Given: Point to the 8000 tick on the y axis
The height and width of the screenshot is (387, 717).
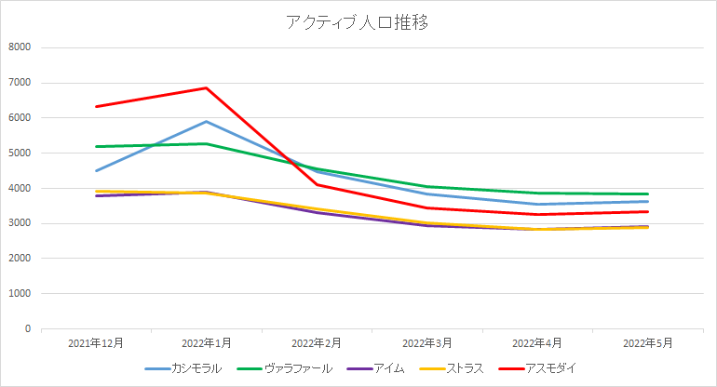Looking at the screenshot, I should (20, 47).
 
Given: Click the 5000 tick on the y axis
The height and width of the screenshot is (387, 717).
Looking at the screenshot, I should (20, 153).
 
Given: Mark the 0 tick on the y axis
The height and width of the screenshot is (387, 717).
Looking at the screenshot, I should (28, 328).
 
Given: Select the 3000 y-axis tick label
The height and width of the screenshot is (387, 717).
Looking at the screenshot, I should (20, 223).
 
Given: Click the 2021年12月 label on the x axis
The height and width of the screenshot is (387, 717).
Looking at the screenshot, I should (96, 343).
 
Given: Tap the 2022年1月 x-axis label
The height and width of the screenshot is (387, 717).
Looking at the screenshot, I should (206, 343).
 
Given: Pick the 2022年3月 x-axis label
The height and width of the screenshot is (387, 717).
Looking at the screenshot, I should (426, 343).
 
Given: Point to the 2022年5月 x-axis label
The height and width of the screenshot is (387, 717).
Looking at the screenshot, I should (647, 343).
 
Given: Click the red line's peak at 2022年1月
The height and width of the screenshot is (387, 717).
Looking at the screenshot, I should (206, 88).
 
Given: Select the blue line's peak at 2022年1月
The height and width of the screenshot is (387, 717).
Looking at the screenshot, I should (206, 121).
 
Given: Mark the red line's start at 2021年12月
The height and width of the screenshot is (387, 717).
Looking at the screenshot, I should (96, 106).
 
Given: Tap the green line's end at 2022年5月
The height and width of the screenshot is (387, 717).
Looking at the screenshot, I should (647, 193).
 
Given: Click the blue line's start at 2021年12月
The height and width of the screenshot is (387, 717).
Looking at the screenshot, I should (96, 170).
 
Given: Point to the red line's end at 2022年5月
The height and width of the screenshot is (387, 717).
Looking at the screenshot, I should (647, 211).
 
